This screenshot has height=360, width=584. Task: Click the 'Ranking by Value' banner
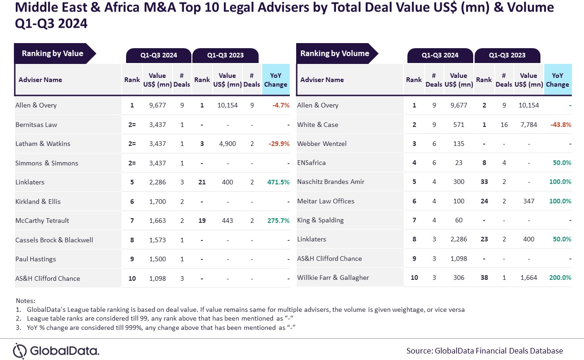tap(52, 54)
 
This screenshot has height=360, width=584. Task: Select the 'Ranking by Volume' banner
tap(335, 54)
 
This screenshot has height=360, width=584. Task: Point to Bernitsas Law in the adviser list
tap(36, 125)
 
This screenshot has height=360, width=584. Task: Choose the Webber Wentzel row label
tap(322, 144)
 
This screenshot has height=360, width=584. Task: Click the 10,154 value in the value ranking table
tap(228, 105)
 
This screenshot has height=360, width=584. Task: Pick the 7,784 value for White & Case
tap(528, 125)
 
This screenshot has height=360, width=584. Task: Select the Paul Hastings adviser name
tap(36, 259)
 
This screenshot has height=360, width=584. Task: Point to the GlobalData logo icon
tap(20, 350)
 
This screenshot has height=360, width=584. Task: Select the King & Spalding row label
tap(320, 220)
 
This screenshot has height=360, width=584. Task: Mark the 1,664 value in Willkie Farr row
tap(528, 278)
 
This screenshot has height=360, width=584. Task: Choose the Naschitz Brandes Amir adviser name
tap(330, 182)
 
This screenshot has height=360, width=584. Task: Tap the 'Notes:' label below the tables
tap(25, 301)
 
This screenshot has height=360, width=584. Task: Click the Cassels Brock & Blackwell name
tap(54, 240)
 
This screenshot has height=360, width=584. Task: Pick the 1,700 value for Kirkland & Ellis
tap(158, 202)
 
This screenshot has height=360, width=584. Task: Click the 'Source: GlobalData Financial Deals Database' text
tap(484, 351)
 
